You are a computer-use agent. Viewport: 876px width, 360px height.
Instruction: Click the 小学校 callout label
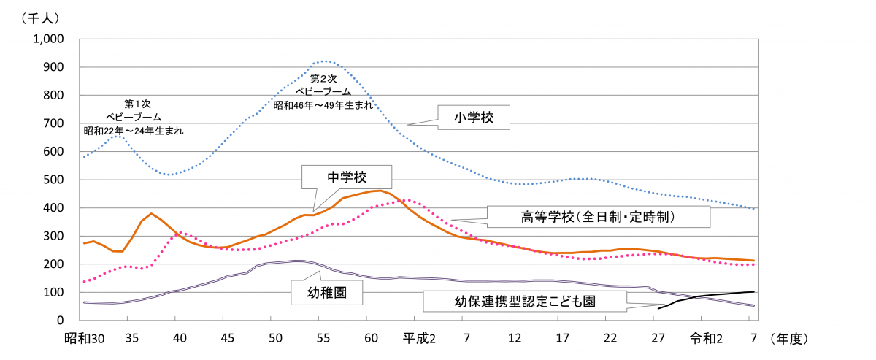(x=473, y=117)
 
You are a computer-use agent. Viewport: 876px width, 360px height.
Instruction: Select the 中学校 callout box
(x=347, y=177)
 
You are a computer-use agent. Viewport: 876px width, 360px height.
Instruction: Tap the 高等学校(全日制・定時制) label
(x=597, y=217)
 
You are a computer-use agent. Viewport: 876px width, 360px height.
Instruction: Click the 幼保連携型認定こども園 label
(x=524, y=301)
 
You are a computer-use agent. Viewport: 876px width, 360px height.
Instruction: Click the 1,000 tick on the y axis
(x=49, y=39)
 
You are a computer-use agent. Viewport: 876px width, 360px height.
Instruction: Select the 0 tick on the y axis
(x=61, y=321)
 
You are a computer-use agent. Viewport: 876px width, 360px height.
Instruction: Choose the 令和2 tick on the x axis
(x=702, y=339)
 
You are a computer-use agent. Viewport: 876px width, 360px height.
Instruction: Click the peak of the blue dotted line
(x=324, y=61)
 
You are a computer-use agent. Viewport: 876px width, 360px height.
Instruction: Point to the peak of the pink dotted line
(x=408, y=199)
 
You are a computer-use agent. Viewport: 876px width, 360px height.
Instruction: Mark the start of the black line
(x=658, y=309)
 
